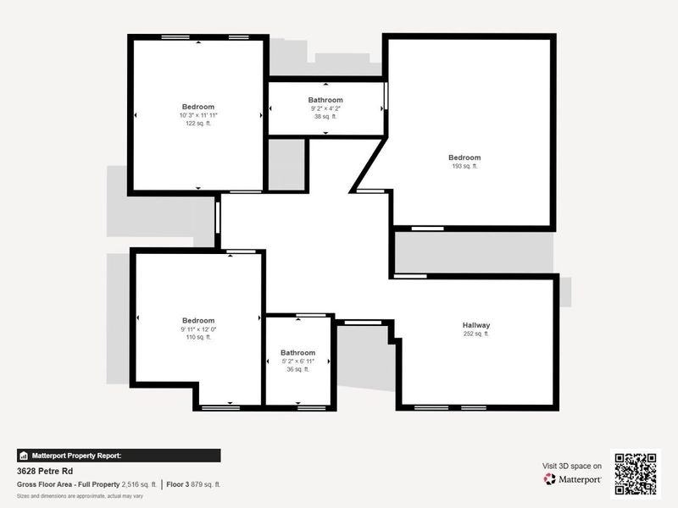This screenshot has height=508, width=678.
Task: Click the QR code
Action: pos(635,473)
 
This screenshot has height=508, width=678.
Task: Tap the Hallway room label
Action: pos(476,325)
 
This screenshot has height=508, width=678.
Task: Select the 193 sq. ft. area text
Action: pos(464,167)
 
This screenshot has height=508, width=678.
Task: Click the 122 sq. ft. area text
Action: pos(198,124)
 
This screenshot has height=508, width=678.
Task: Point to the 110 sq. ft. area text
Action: pos(198,337)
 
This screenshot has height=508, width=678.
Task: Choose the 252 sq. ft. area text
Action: pos(476,334)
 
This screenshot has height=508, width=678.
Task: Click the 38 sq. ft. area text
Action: pos(325,117)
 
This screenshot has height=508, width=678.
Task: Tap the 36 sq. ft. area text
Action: pos(297,369)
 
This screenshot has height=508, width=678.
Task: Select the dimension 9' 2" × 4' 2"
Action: pos(325,108)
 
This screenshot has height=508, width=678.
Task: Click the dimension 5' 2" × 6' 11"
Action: pos(297,362)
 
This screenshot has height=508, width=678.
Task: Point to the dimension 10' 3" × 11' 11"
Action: pos(198,115)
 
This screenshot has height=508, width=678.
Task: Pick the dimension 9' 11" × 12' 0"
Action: pos(198,329)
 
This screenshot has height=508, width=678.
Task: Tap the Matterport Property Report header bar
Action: pos(119,455)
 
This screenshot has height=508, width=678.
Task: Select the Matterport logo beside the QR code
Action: pos(573,479)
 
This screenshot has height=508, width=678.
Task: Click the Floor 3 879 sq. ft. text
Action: pos(194,484)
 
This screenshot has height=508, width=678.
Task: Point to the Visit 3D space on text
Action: pos(572,466)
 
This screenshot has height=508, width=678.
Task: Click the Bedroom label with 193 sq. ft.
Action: pos(464,157)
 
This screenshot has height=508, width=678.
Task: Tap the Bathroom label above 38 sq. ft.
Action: pos(325,100)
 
